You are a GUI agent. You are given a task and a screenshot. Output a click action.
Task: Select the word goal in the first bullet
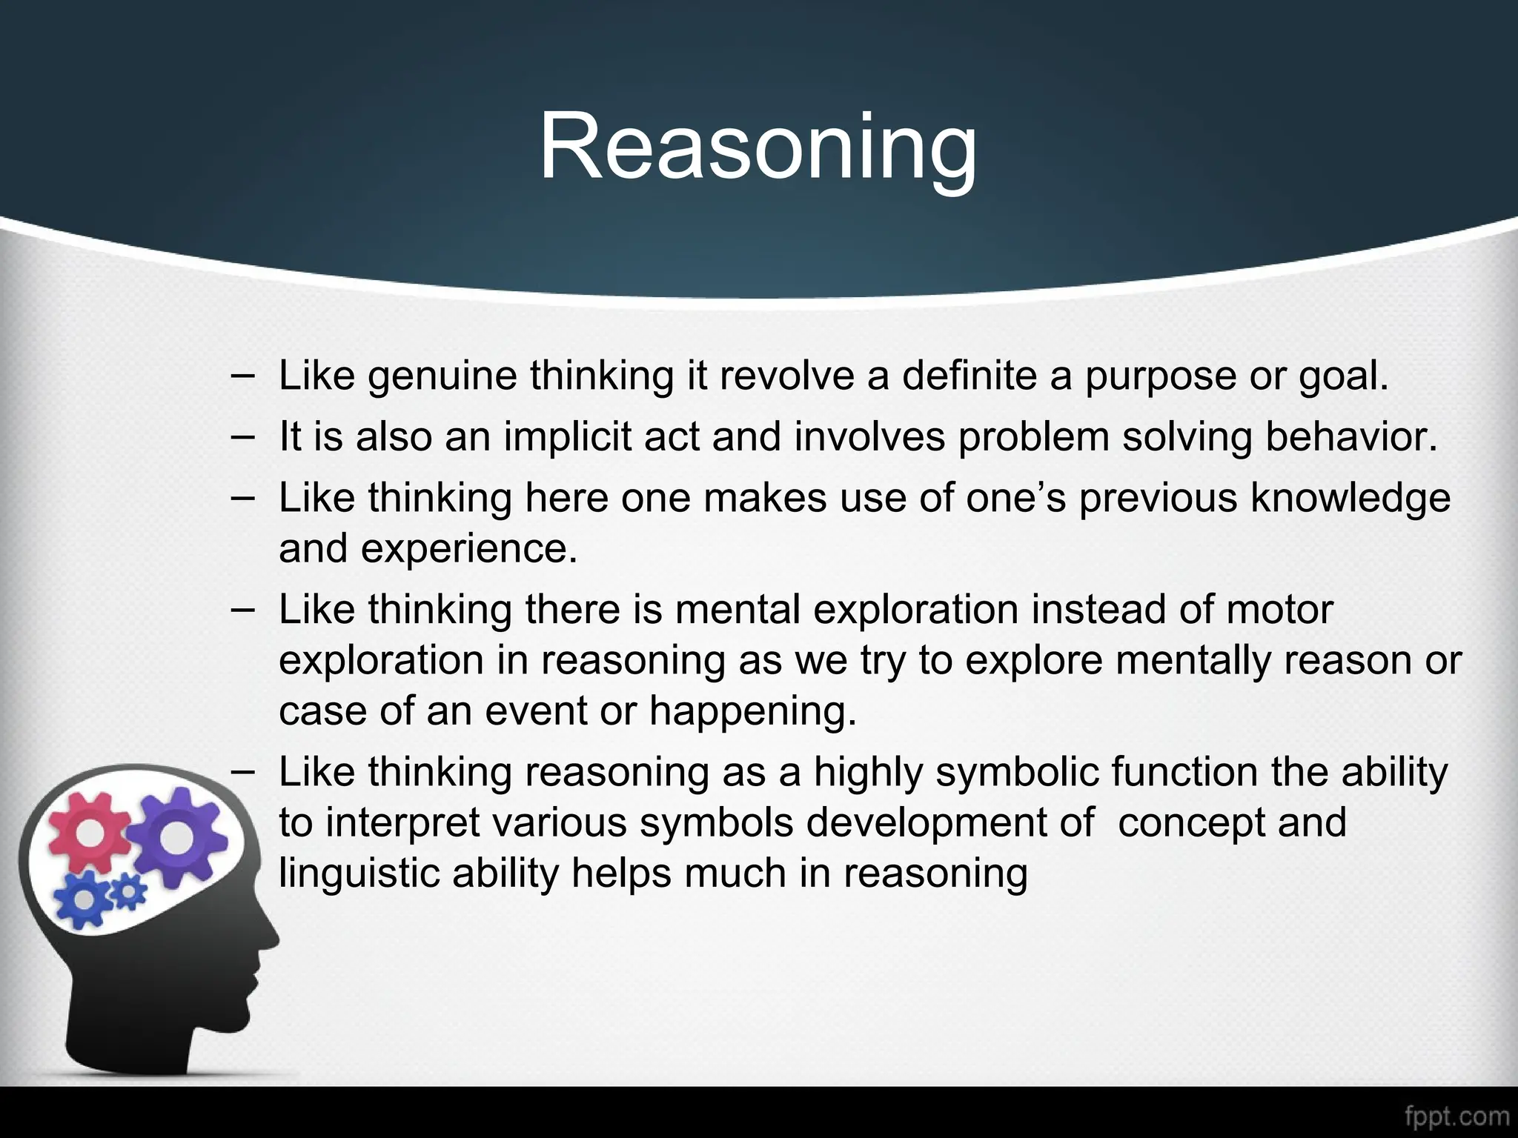coord(1342,376)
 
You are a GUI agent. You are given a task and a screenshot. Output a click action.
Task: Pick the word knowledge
coord(1350,497)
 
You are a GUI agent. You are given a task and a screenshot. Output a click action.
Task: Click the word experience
coord(468,549)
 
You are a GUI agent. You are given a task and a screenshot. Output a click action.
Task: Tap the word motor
coord(1279,610)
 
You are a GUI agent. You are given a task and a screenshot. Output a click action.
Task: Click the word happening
coord(752,711)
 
